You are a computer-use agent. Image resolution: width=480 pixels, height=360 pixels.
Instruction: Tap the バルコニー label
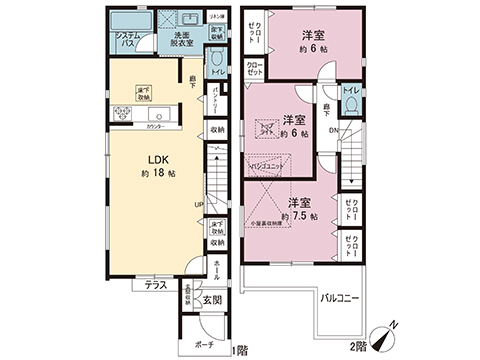342,298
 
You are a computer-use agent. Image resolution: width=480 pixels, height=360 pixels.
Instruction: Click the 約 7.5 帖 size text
299,216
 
